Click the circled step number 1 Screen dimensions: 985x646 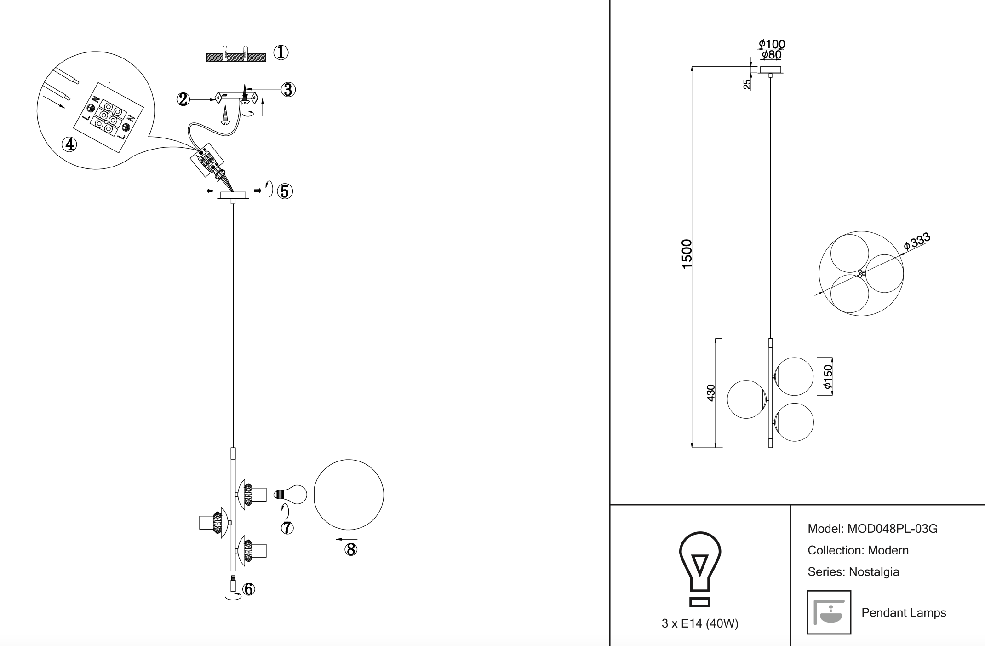(281, 53)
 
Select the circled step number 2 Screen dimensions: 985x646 (183, 99)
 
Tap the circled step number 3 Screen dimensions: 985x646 (288, 89)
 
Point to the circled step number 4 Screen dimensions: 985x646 (69, 144)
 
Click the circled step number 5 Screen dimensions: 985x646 (285, 191)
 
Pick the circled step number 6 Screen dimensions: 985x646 (248, 589)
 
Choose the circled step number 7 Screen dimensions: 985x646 (287, 528)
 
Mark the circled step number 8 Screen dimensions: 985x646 (350, 549)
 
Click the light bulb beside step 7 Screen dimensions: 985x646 (291, 495)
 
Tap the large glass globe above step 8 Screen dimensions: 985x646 (349, 495)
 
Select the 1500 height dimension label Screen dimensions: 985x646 (687, 254)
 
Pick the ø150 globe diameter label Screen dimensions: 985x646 (827, 377)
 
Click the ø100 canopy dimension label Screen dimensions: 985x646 (772, 44)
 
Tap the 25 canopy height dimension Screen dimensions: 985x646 (747, 84)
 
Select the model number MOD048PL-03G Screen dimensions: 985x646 (892, 529)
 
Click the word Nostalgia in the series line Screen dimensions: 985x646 (874, 572)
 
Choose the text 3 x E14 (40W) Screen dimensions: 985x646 (699, 623)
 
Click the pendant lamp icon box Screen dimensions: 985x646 (829, 612)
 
